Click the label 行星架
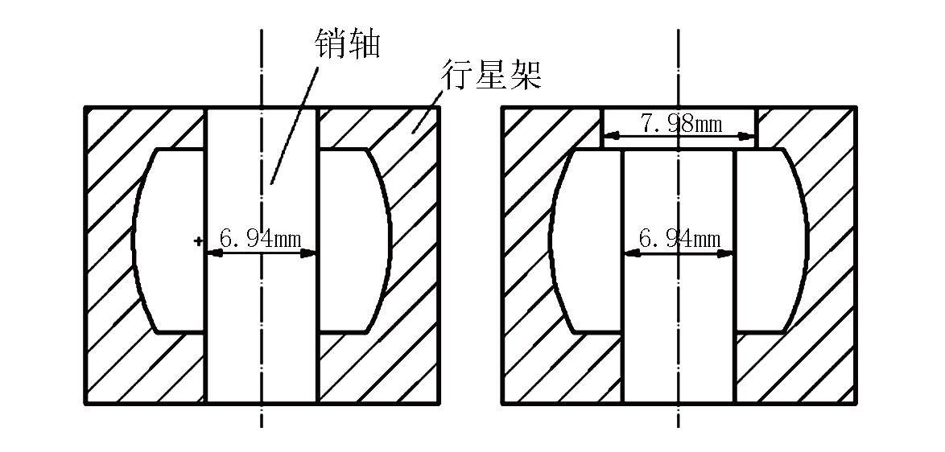(x=491, y=76)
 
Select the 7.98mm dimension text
(x=680, y=124)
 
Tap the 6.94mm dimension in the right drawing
(x=679, y=239)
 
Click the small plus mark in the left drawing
(x=197, y=240)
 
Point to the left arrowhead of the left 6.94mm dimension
(x=213, y=253)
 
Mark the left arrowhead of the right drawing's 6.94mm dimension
(x=631, y=253)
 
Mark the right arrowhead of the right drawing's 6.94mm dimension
(x=727, y=253)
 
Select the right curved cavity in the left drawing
(x=354, y=240)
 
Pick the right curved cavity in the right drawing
(x=770, y=240)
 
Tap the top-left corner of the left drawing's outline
(x=86, y=107)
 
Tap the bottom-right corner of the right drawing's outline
(x=853, y=402)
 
